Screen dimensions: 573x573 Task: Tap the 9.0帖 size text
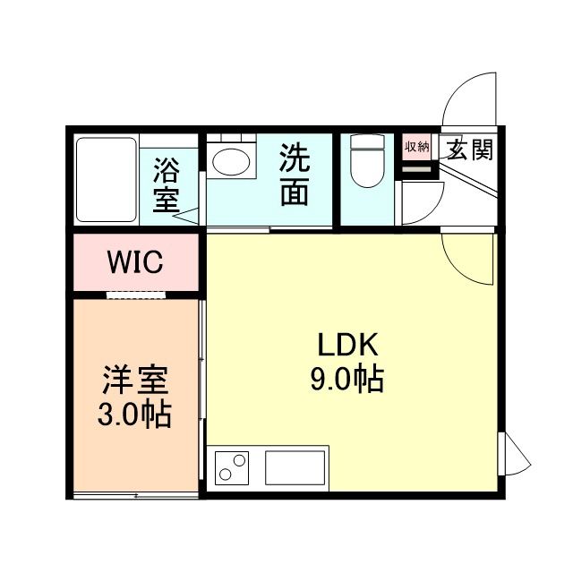pos(346,381)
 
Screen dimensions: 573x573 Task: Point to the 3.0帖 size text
pos(134,415)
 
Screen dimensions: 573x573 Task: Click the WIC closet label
pos(134,262)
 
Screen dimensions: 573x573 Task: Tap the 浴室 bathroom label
pos(167,184)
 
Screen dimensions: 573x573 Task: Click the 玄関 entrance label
pos(470,150)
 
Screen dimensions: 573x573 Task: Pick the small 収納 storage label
pos(417,147)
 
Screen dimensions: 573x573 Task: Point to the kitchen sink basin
pos(294,467)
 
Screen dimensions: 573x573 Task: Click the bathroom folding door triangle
pos(187,213)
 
